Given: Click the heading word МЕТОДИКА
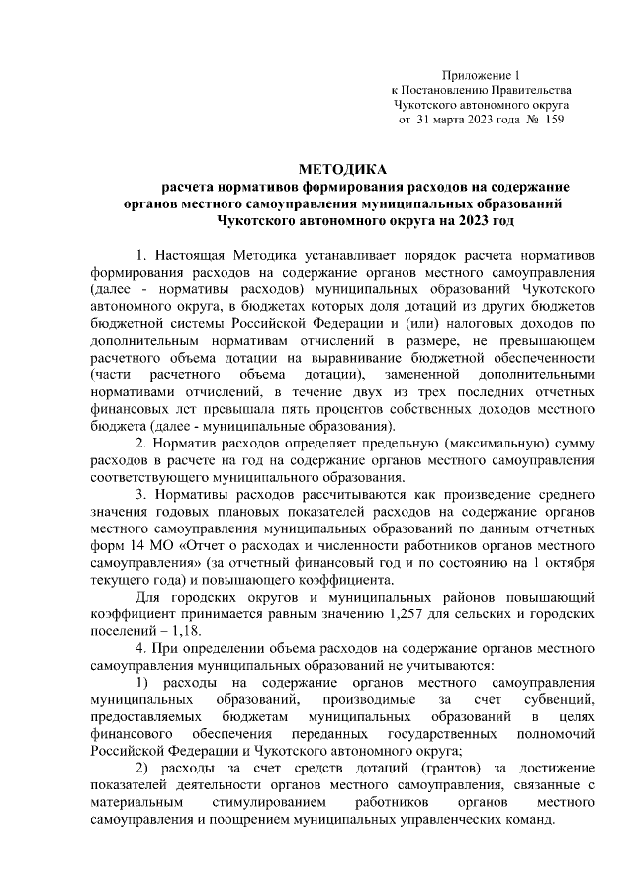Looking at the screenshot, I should tap(343, 170).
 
